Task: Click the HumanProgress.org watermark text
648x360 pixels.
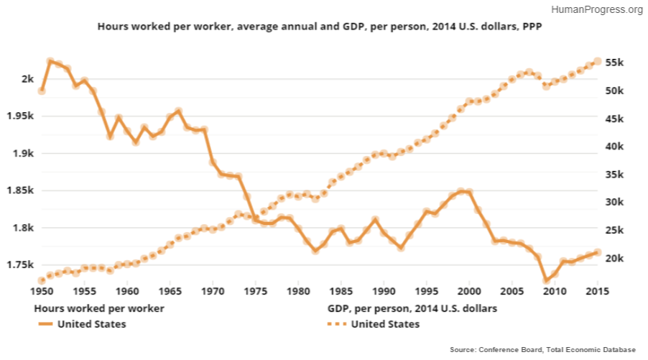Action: [598, 10]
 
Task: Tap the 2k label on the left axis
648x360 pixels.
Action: [26, 78]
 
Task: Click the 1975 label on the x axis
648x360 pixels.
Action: [255, 291]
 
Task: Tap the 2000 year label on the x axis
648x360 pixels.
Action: [469, 291]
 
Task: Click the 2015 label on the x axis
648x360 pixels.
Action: [597, 291]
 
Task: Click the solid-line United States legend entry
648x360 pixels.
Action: [92, 324]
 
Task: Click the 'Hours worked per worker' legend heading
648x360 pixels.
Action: [99, 308]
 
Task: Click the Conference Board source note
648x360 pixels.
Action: [542, 349]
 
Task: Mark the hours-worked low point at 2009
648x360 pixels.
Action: [546, 280]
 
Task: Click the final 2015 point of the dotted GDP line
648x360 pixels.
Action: [597, 62]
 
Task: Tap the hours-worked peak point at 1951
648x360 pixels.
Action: [50, 62]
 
